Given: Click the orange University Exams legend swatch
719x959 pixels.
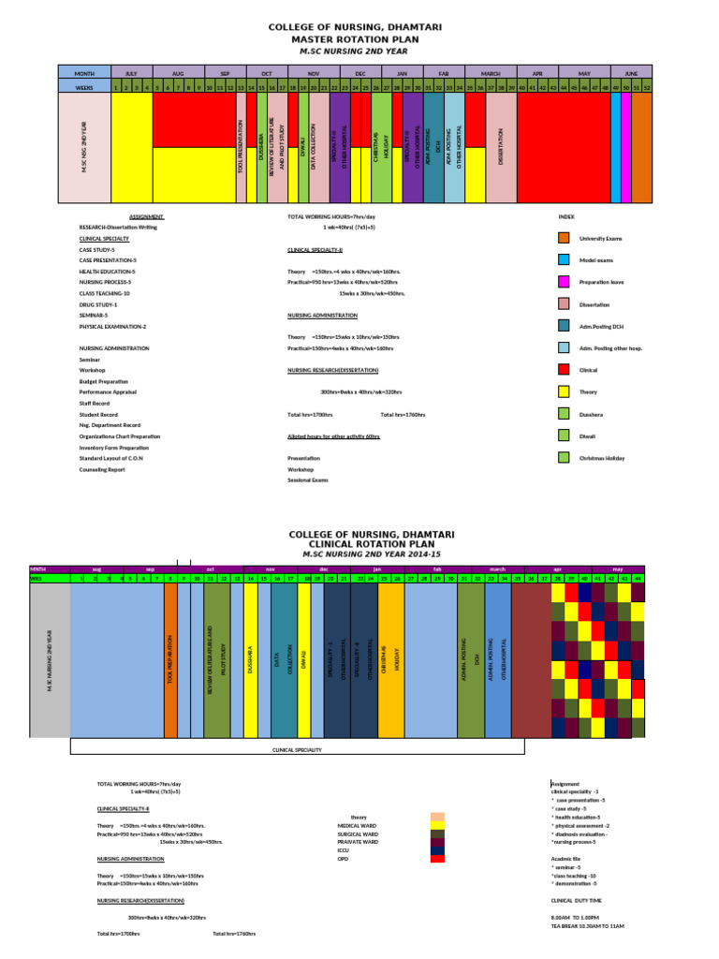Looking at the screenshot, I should tap(564, 239).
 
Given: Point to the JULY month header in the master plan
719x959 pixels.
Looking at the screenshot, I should tap(131, 72).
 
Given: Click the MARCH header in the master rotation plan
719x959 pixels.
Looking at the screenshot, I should tap(491, 72).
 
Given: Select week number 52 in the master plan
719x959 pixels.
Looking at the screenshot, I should tap(647, 87).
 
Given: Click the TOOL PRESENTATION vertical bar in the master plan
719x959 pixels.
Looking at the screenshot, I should tap(241, 148).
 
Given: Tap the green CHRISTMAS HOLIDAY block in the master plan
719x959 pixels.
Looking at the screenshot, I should tap(381, 148).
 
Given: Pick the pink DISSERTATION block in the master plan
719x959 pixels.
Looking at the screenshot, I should tap(501, 148).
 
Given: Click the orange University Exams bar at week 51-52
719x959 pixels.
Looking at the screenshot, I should tap(641, 148).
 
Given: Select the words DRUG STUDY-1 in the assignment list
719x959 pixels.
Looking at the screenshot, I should tap(98, 304).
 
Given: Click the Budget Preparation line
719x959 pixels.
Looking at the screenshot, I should tap(104, 381).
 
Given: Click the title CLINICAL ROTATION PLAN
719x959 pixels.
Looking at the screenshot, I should tap(359, 543).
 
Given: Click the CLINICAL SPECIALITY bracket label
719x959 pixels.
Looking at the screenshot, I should tap(297, 750).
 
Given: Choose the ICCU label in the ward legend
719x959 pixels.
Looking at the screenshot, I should tap(343, 849).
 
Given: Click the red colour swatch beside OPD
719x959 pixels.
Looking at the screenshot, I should tap(436, 858).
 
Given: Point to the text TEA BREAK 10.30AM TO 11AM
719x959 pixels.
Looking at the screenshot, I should tap(588, 925).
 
